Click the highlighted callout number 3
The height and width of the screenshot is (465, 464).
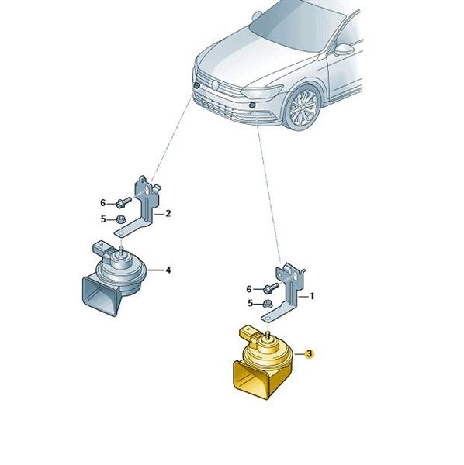click(x=309, y=353)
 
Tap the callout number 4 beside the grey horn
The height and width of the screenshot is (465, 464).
click(x=168, y=270)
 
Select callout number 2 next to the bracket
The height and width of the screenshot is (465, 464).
click(x=168, y=213)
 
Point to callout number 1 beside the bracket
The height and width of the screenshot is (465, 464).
click(x=312, y=296)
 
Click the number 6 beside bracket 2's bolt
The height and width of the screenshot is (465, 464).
click(x=102, y=203)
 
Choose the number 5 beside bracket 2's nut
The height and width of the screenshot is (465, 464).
click(x=103, y=219)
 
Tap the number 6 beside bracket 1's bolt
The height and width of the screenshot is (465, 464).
click(x=249, y=289)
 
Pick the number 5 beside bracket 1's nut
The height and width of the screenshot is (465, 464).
click(x=250, y=303)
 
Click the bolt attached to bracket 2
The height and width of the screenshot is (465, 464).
click(x=123, y=202)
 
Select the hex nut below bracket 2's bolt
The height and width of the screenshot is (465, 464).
click(x=121, y=220)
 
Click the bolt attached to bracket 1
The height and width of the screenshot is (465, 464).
click(x=271, y=288)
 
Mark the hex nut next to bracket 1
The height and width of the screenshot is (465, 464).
click(x=268, y=305)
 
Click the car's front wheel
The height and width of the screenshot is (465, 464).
click(x=302, y=108)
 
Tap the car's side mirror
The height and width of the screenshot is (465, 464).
click(x=344, y=50)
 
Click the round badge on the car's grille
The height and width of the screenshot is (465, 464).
click(x=215, y=85)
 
